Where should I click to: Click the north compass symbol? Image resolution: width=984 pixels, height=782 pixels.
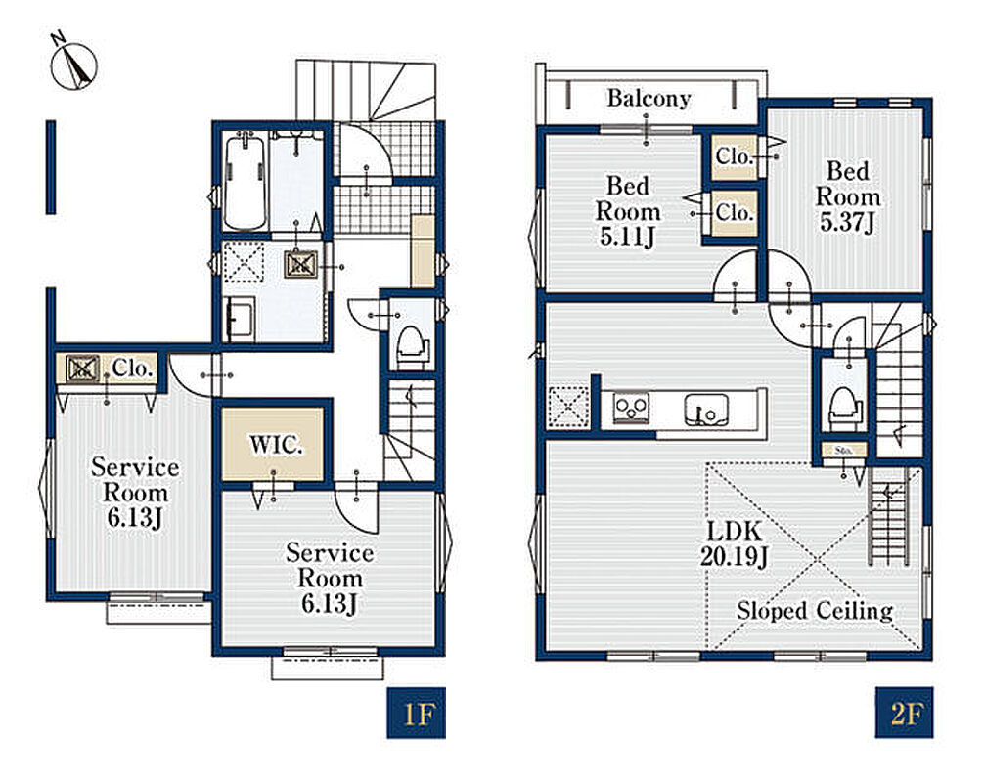tap(73, 65)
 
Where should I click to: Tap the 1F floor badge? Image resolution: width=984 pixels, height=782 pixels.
tap(416, 713)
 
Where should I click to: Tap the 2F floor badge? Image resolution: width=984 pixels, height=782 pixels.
tap(905, 713)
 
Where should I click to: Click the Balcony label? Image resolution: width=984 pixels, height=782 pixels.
tap(649, 99)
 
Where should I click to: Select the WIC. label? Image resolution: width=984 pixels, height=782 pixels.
tap(276, 445)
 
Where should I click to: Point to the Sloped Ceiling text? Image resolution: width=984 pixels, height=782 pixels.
tap(815, 610)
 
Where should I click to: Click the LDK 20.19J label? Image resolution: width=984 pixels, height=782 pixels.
tap(735, 543)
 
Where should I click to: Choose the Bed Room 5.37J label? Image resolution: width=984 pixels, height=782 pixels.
tap(848, 196)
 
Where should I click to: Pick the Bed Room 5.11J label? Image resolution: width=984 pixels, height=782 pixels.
tap(628, 211)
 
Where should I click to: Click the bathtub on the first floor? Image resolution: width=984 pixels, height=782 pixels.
tap(245, 181)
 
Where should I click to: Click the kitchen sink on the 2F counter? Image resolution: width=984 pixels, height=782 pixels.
tap(706, 411)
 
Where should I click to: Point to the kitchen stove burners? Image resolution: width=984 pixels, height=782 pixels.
tap(631, 408)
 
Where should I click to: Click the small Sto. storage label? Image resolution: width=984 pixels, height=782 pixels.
tap(844, 451)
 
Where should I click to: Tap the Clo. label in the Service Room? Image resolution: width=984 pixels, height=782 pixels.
tap(132, 369)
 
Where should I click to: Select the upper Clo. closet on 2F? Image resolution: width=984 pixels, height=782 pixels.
tap(734, 156)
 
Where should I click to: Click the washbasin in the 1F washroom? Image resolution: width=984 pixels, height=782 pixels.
tap(239, 318)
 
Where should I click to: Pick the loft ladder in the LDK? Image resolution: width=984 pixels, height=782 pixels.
tap(888, 517)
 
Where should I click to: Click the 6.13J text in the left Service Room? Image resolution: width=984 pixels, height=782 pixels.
tap(135, 518)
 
